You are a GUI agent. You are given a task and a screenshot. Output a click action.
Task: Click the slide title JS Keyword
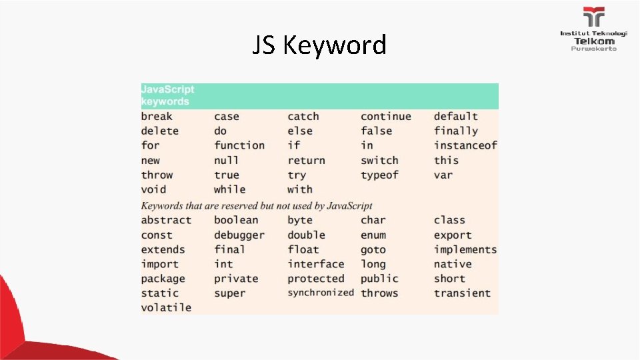pos(319,45)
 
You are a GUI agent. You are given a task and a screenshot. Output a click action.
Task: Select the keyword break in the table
pos(157,117)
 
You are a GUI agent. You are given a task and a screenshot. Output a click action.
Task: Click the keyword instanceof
pos(465,145)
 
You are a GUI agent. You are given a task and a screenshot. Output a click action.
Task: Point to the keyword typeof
pos(379,175)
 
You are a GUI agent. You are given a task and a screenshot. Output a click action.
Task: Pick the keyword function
pos(239,145)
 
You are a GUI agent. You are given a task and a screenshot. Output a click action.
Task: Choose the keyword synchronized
pos(321,293)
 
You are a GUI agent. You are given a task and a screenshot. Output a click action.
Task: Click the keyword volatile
pos(166,307)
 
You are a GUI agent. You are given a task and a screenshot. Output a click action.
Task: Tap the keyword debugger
pos(239,235)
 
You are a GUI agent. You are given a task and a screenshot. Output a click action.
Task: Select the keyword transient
pos(462,293)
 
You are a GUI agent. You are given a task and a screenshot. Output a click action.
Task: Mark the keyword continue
pos(386,117)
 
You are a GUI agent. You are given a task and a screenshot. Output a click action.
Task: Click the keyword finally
pos(456,131)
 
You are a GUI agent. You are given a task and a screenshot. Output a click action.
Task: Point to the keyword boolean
pos(236,220)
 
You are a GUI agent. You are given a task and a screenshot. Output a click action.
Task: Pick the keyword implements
pos(465,249)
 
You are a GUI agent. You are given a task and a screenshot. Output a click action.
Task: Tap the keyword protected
pos(316,279)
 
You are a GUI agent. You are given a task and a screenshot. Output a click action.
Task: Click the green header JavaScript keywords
pos(168,95)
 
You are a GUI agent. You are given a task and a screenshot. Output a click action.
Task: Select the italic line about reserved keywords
pos(257,205)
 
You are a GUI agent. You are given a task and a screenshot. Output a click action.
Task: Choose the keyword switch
pos(379,161)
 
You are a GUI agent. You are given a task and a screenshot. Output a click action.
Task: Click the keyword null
pos(226,161)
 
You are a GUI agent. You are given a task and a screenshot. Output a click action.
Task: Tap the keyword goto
pos(373,250)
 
